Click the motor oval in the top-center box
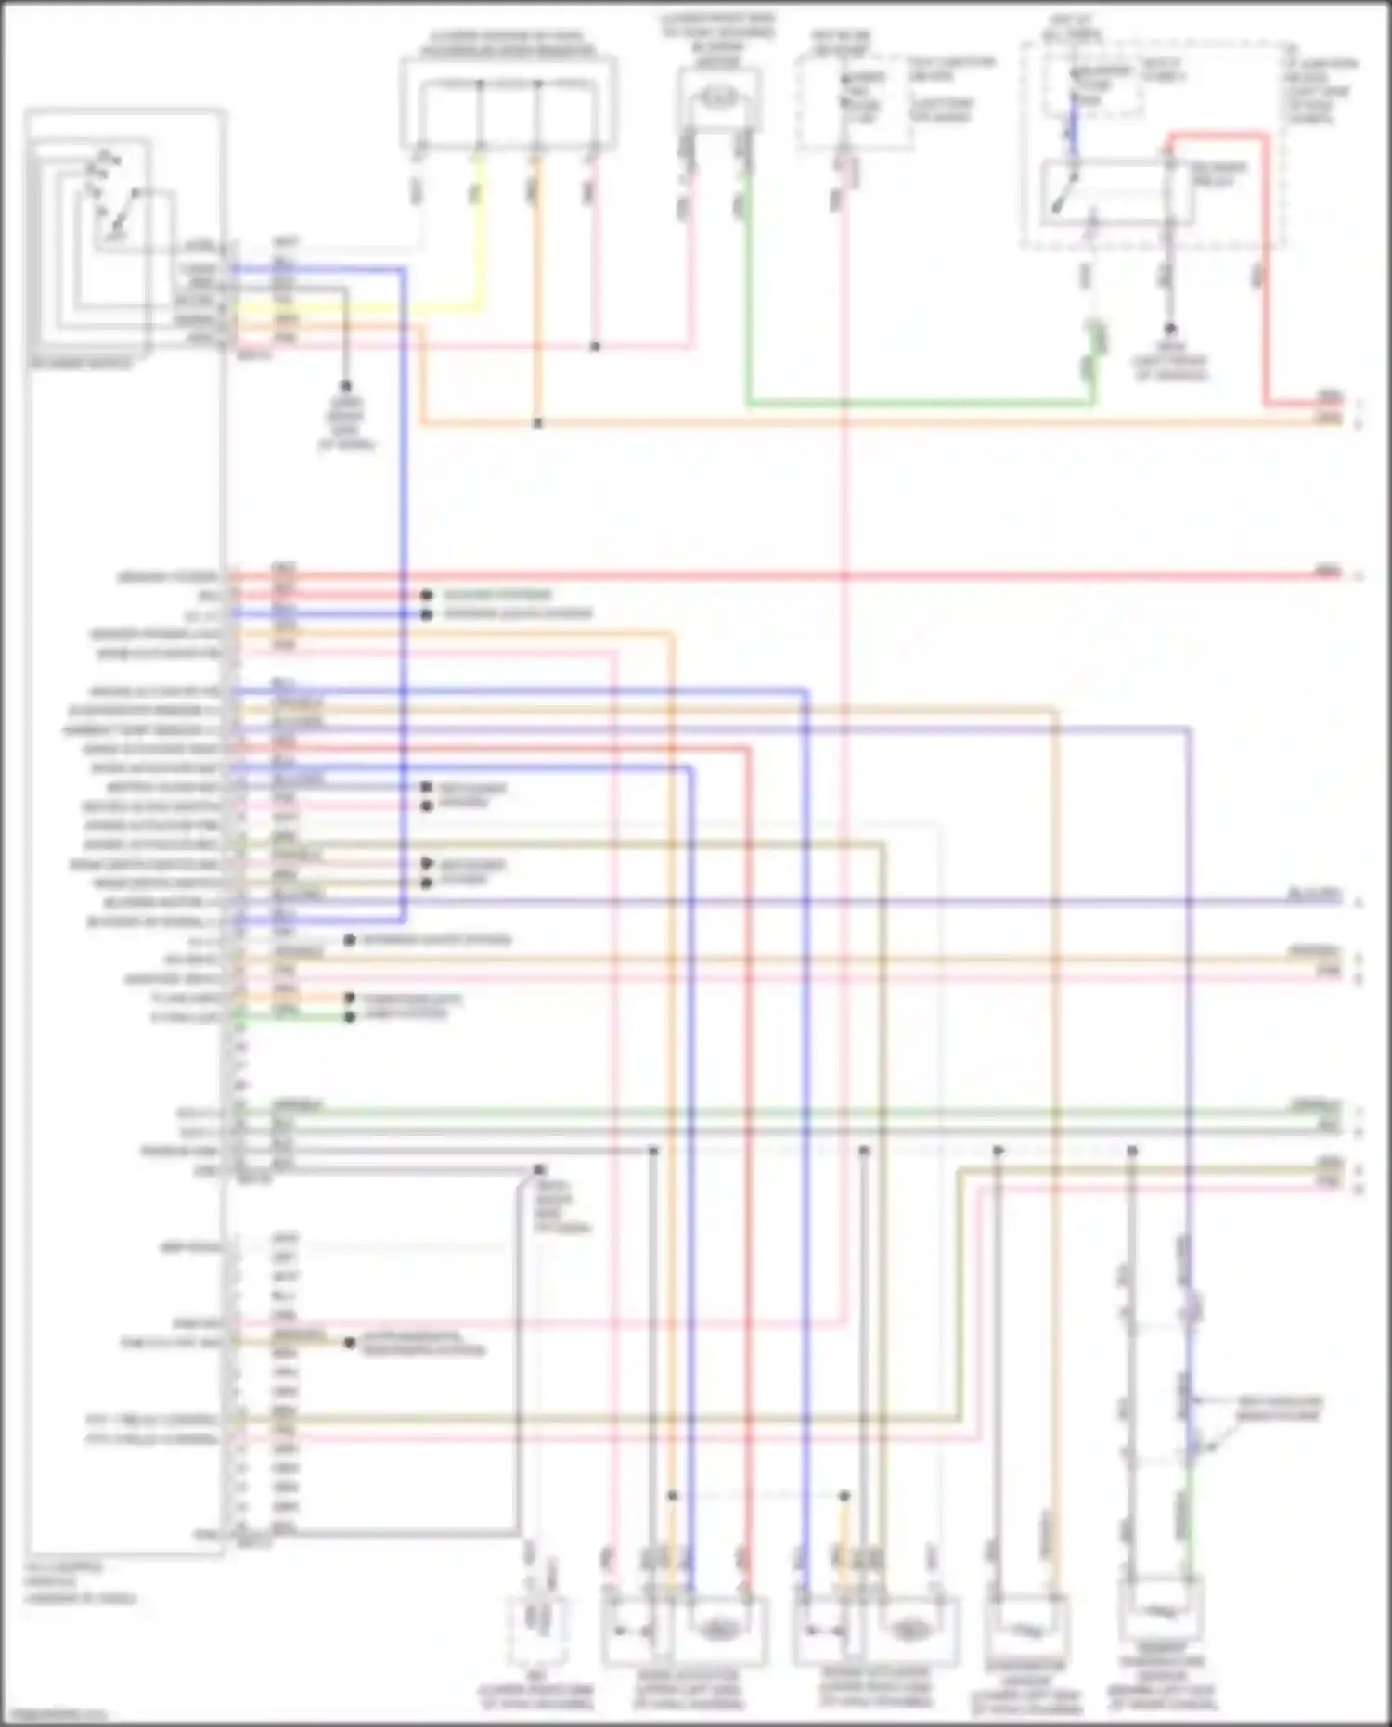pyautogui.click(x=720, y=96)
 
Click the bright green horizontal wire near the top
pyautogui.click(x=919, y=404)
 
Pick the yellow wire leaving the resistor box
pyautogui.click(x=479, y=232)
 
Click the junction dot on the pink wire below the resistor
pyautogui.click(x=595, y=346)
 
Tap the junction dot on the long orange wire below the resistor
pyautogui.click(x=537, y=423)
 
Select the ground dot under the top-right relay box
pyautogui.click(x=1170, y=329)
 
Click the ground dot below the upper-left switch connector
pyautogui.click(x=346, y=385)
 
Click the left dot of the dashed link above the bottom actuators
pyautogui.click(x=673, y=1496)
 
